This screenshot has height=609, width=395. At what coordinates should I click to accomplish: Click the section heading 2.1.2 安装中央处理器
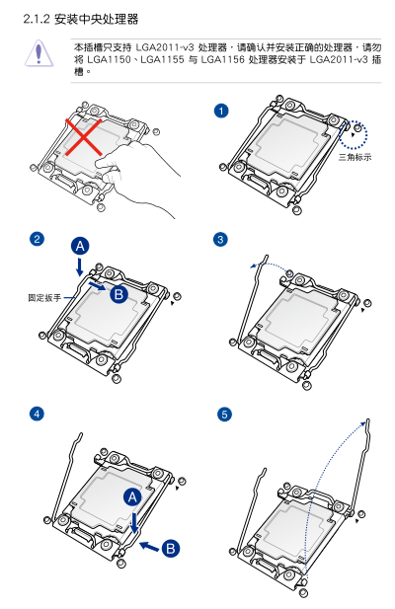coord(81,19)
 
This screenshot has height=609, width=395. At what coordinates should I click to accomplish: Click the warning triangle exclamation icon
coord(39,53)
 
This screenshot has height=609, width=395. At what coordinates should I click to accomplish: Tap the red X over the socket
coord(84,137)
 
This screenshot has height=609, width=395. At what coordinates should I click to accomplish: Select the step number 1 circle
coord(221,112)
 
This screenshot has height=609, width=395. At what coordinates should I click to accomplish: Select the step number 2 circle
coord(37,239)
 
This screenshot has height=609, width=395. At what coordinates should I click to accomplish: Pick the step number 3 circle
coord(220,239)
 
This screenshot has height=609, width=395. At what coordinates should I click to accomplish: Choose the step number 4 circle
coord(37,414)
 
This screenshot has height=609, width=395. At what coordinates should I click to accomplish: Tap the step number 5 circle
coord(224,414)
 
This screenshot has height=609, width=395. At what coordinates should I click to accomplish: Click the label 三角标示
coord(355,157)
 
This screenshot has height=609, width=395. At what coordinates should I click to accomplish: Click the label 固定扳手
coord(44,298)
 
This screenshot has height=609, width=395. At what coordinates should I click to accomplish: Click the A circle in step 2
coord(80,246)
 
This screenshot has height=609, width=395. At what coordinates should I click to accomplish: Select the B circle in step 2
coord(118,294)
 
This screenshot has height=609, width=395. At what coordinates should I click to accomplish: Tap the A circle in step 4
coord(132,497)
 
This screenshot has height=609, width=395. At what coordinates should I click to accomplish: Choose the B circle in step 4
coord(171,549)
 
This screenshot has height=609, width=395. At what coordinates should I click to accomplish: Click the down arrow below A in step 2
coord(80,266)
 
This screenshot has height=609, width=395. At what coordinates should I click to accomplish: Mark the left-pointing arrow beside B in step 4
coord(149,547)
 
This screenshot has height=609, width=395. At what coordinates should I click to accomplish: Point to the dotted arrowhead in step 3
coord(254,266)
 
